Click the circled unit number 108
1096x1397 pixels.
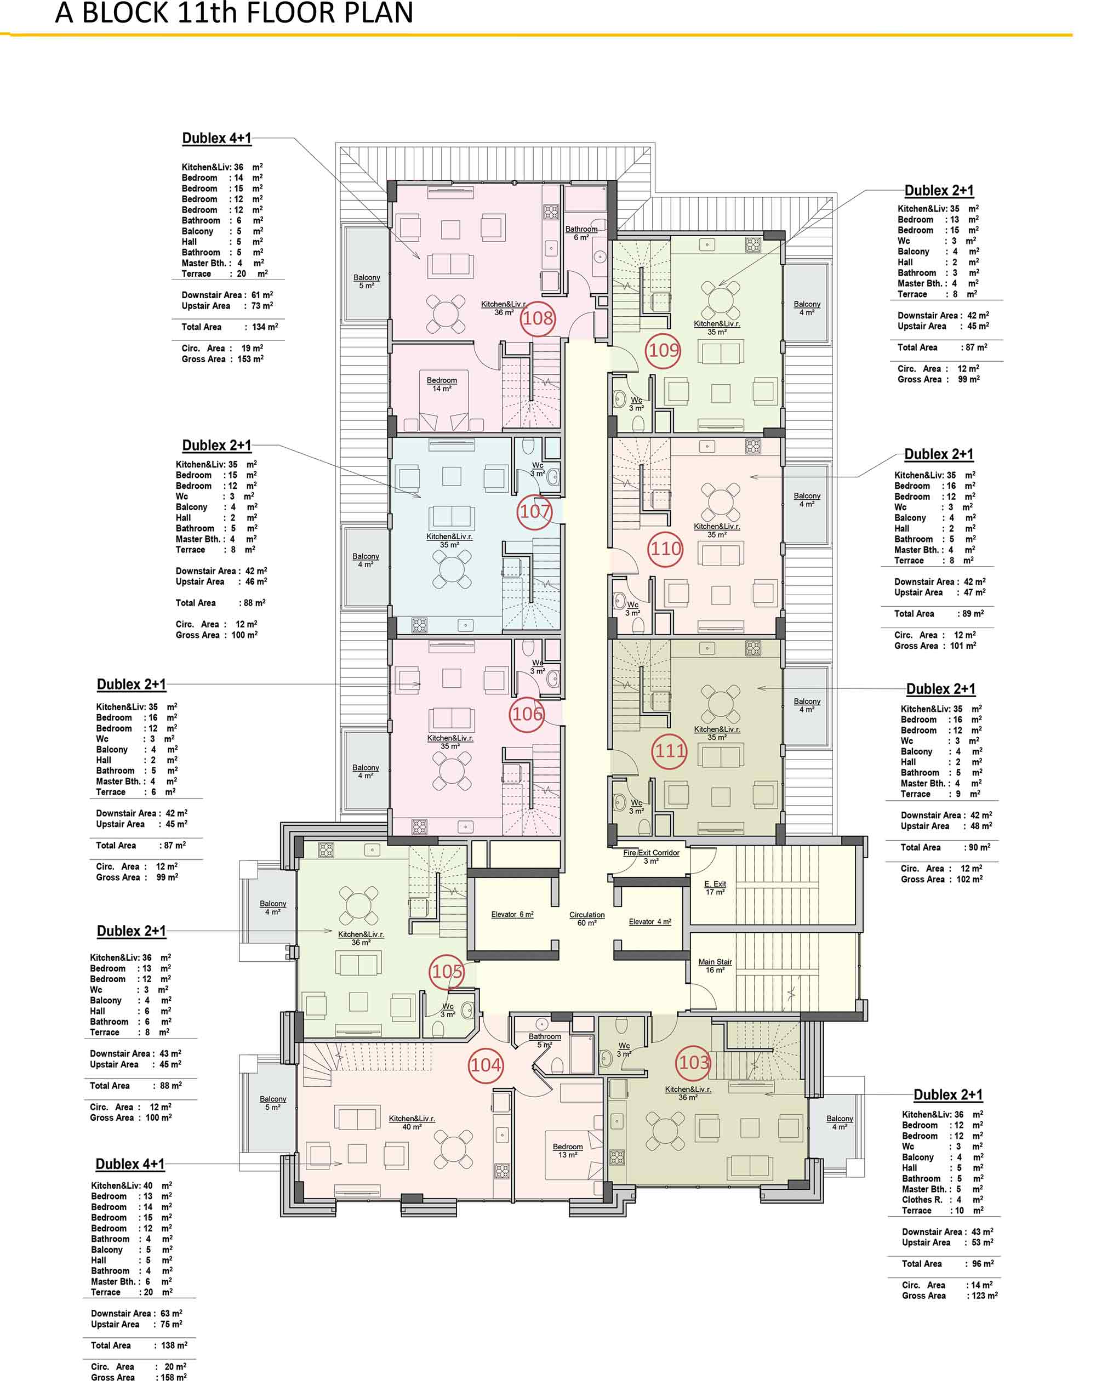point(537,318)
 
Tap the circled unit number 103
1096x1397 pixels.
point(694,1062)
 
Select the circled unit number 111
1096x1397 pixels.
point(670,750)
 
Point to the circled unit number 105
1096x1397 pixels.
point(447,971)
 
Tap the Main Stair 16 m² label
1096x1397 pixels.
point(715,966)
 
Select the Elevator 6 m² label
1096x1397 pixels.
point(512,915)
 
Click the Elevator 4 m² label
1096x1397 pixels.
point(649,921)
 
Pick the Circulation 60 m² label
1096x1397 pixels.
point(586,919)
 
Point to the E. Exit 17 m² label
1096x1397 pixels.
point(715,888)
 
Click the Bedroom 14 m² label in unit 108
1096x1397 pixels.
point(442,384)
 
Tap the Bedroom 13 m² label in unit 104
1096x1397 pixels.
point(567,1150)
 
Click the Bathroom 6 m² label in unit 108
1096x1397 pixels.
point(581,233)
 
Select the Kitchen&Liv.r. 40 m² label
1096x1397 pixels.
point(412,1122)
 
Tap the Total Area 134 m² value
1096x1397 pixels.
point(264,327)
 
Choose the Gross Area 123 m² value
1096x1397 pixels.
point(983,1296)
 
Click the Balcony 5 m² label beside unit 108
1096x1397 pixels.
point(367,282)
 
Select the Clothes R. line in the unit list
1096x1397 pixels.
point(942,1199)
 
